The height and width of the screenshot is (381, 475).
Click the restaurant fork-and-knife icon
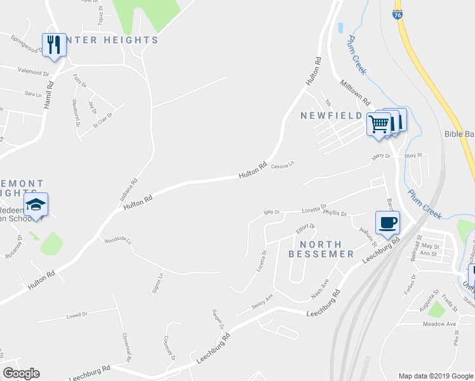pos(54,44)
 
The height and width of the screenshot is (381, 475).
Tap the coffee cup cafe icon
pos(387,222)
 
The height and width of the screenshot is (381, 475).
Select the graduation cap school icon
pos(36,204)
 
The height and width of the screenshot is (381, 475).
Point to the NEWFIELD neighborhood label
pos(331,116)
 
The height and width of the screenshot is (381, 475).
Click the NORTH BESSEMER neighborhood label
pos(321,249)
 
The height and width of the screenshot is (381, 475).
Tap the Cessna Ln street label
pos(283,166)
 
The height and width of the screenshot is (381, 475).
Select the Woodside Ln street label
pos(117,241)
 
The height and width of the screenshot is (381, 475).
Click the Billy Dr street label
pos(272,211)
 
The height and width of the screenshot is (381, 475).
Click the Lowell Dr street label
pos(76,314)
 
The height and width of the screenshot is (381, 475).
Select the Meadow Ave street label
pos(440,324)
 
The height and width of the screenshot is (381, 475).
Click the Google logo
pos(21,373)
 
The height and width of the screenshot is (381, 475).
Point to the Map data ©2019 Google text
pos(435,376)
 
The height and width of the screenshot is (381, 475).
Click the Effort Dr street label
pos(305,227)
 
